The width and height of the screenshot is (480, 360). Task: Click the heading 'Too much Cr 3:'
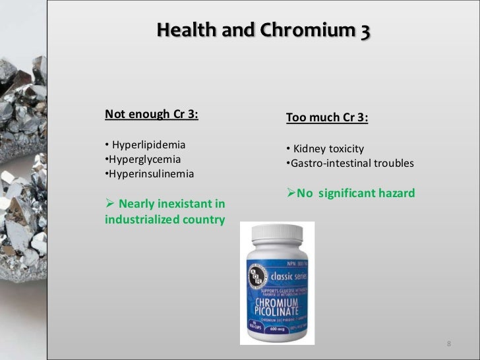pyautogui.click(x=327, y=117)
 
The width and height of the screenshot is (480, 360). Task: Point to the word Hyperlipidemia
pyautogui.click(x=149, y=144)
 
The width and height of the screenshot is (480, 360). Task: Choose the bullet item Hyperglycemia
pyautogui.click(x=143, y=159)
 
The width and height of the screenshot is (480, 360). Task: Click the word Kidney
pyautogui.click(x=310, y=148)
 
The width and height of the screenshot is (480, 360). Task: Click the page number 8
pyautogui.click(x=449, y=344)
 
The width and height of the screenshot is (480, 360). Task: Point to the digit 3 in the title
pyautogui.click(x=365, y=30)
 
